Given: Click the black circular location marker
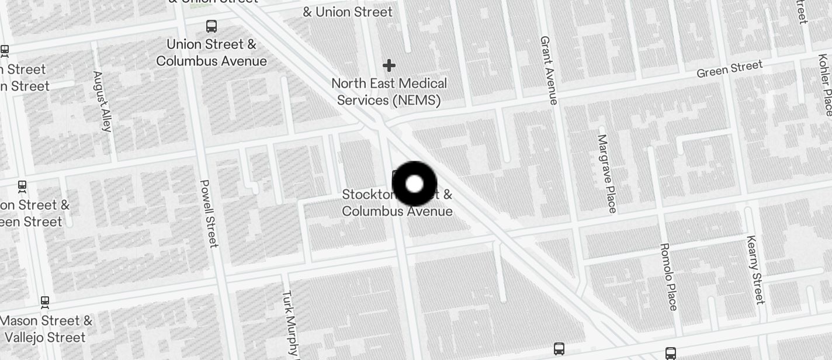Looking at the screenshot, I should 414,184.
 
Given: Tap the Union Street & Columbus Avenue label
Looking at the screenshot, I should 212,53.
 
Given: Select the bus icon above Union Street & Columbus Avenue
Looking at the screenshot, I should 212,26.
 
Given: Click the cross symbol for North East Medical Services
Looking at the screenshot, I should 389,65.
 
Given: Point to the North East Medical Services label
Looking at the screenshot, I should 389,92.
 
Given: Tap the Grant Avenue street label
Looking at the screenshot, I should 549,70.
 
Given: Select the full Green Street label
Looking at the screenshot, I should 730,68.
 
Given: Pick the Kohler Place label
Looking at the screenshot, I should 824,85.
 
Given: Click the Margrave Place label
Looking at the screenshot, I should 606,174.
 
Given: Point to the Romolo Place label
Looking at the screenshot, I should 668,276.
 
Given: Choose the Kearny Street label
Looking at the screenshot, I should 755,270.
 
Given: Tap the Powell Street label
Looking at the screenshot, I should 209,213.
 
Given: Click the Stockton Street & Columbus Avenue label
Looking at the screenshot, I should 397,202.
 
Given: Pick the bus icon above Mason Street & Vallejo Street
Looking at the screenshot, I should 45,302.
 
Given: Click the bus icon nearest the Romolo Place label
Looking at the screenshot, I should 671,353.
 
